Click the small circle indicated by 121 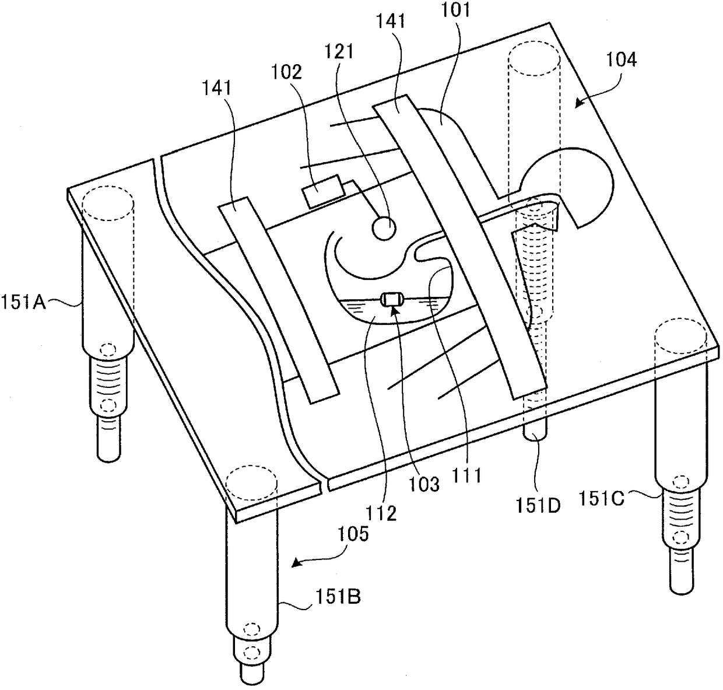385,227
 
